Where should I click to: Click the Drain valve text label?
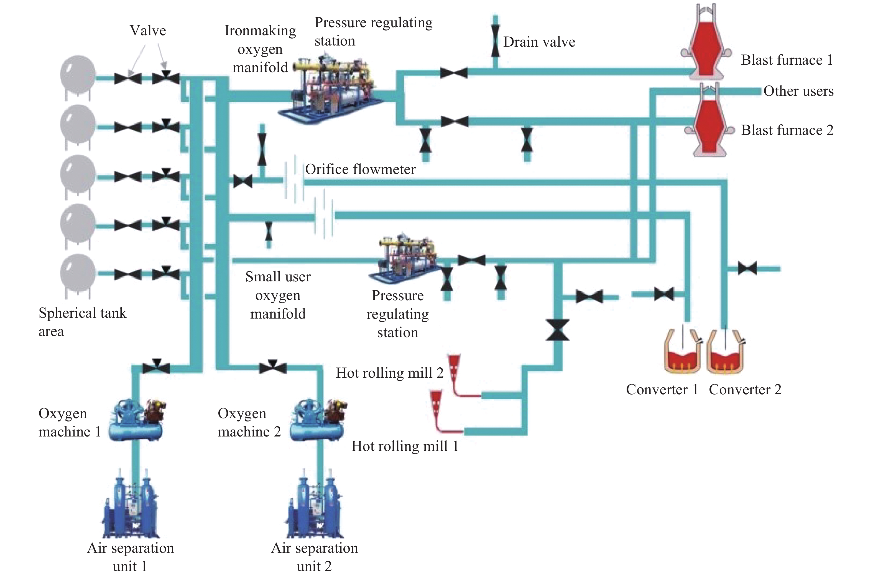pyautogui.click(x=539, y=42)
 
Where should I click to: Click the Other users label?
pyautogui.click(x=798, y=91)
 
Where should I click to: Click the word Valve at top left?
pyautogui.click(x=148, y=30)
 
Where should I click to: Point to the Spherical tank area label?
pyautogui.click(x=83, y=322)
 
